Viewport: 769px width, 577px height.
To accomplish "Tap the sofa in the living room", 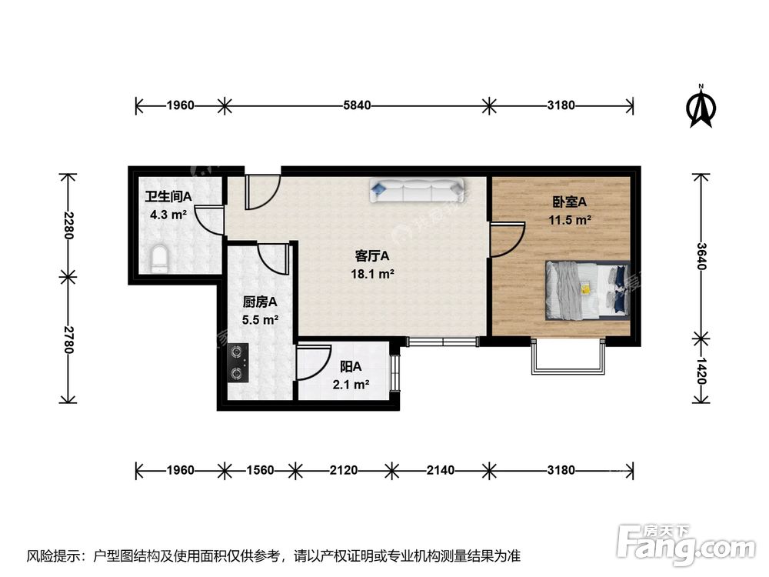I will click(416, 190).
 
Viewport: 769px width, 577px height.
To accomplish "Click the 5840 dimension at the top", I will click(355, 105).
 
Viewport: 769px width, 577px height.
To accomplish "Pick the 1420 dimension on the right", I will click(701, 370).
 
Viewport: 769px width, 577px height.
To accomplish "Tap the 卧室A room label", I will click(569, 202).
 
